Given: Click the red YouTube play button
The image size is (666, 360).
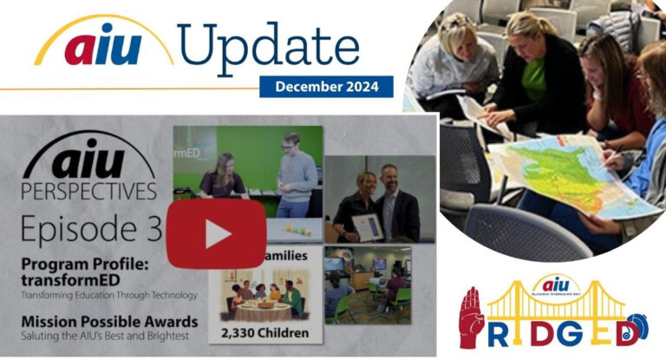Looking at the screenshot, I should point(216,234).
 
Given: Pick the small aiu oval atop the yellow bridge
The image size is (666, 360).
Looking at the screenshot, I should point(556,285).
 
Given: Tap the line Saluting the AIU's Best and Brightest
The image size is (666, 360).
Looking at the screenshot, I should point(104,336).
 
